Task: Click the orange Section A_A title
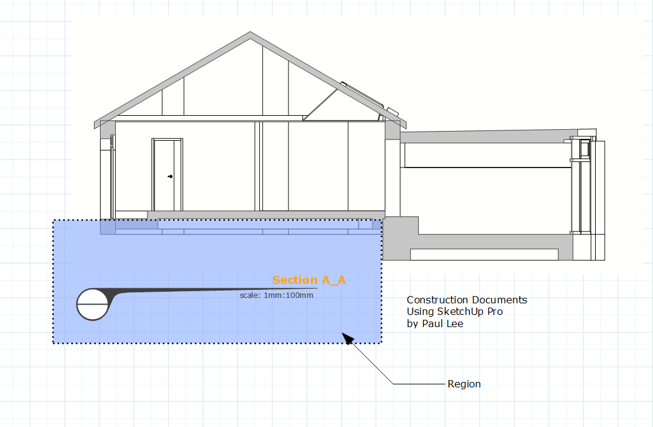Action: (309, 280)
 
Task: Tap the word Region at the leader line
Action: (464, 384)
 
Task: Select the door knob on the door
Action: (170, 177)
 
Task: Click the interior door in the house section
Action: (167, 175)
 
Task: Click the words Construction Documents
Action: (466, 300)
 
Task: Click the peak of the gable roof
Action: (250, 34)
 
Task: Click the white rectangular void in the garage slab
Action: (484, 254)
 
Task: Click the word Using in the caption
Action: (419, 312)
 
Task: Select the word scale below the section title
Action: (249, 295)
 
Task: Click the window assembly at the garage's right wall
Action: (584, 186)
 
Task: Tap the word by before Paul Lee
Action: (412, 324)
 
